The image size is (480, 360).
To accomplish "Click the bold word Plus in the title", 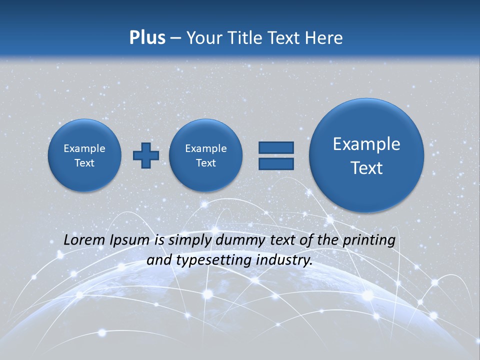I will click(147, 37).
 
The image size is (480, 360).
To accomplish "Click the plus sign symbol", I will click(146, 155).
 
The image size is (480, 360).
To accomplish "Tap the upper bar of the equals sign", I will click(276, 147).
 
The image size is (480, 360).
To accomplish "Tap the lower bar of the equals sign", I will click(276, 164).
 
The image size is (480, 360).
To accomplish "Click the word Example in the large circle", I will click(366, 144).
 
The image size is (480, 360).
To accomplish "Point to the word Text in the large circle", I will click(366, 168).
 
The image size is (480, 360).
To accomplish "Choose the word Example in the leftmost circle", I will click(84, 148).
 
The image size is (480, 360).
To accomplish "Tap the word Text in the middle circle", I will click(206, 163).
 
